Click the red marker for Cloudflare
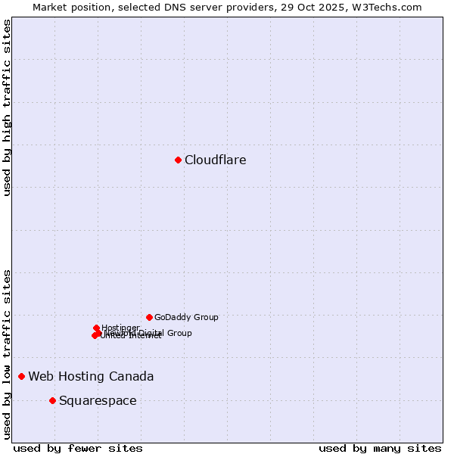tap(178, 160)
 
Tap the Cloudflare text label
tap(216, 160)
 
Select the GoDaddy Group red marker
tap(149, 317)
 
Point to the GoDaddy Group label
tap(186, 317)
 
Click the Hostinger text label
tap(120, 328)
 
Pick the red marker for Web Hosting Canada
tap(21, 376)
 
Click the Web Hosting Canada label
tap(91, 376)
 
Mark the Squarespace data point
tap(52, 400)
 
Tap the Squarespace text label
tap(98, 400)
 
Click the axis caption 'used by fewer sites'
tap(78, 448)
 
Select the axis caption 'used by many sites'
tap(380, 448)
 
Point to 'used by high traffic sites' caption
tap(8, 107)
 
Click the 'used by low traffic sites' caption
tap(8, 353)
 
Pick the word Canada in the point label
tap(133, 376)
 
